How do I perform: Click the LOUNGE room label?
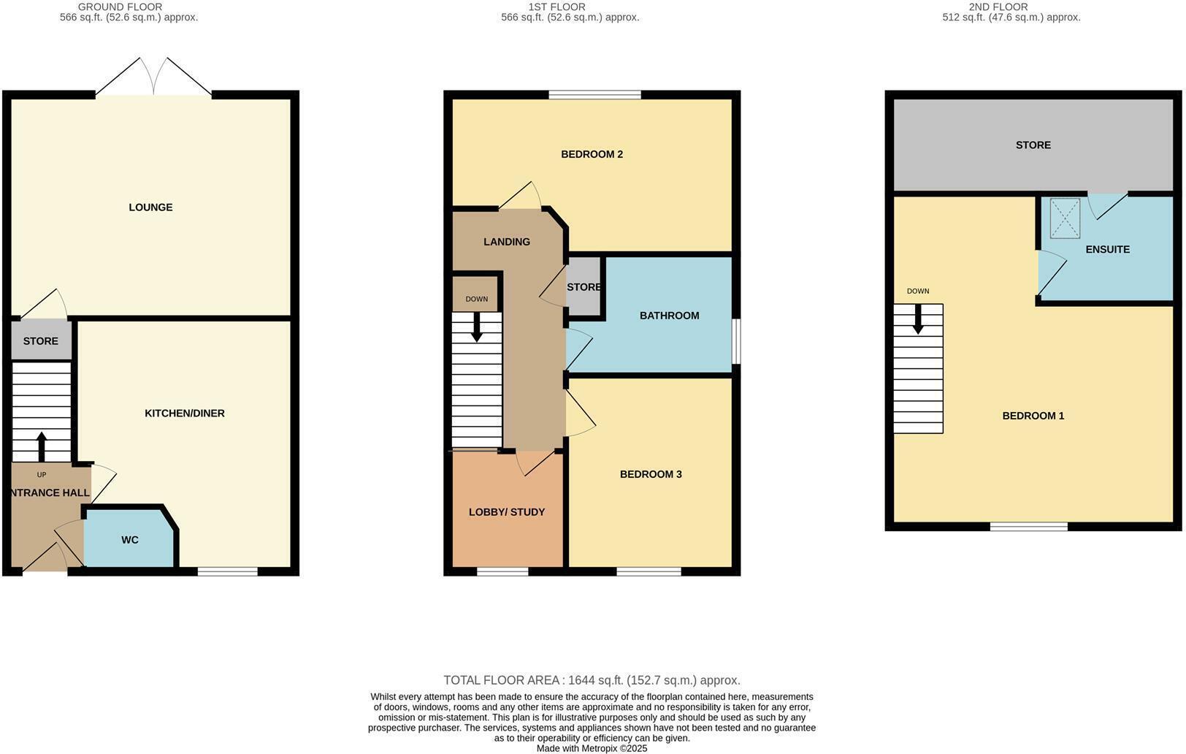click(x=150, y=207)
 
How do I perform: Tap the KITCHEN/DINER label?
click(x=185, y=414)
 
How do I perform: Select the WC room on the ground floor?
click(x=130, y=540)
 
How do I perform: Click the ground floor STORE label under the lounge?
click(x=41, y=341)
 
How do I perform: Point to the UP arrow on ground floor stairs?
click(x=42, y=446)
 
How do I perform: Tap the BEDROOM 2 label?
click(x=592, y=154)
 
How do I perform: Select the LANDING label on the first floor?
click(x=507, y=242)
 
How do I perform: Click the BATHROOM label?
click(x=669, y=316)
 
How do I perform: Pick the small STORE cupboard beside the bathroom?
click(x=584, y=287)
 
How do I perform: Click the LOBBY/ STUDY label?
click(x=507, y=512)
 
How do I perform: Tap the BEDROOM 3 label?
click(x=651, y=474)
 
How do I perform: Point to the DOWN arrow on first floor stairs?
click(x=477, y=327)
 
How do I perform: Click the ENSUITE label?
click(x=1107, y=249)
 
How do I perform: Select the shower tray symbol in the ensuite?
click(x=1065, y=218)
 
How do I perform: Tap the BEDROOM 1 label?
click(x=1033, y=416)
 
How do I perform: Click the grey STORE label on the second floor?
click(x=1033, y=145)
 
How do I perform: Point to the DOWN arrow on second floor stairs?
click(x=918, y=319)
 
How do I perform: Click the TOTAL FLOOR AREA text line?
click(x=592, y=680)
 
